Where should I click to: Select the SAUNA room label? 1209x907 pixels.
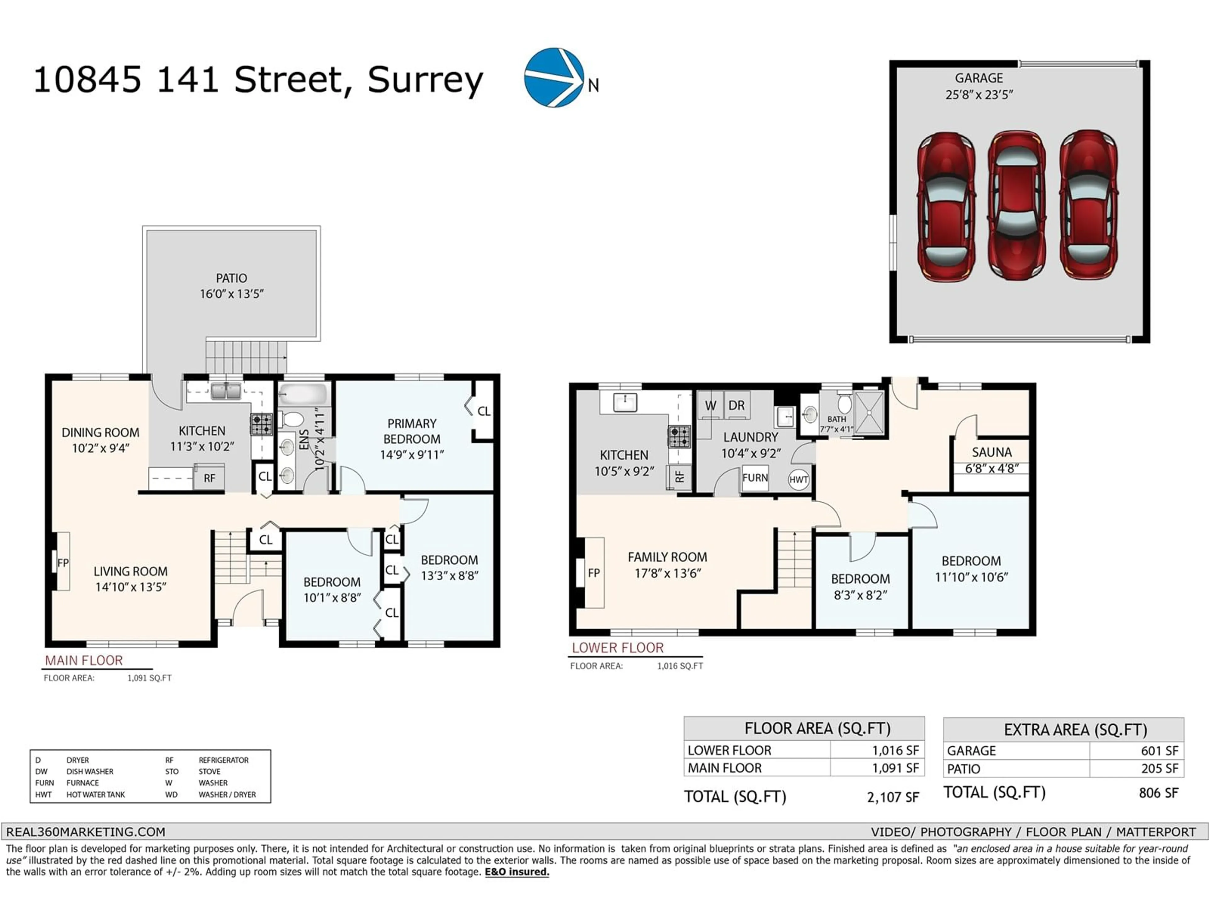[991, 452]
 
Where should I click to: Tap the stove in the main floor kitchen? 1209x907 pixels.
[261, 424]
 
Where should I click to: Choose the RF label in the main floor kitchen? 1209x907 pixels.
[209, 478]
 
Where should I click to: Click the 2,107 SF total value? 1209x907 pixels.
[893, 797]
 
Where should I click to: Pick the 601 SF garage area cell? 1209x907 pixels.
[1159, 751]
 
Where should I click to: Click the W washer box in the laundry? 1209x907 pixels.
[710, 406]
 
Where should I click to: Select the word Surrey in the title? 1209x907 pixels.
[425, 80]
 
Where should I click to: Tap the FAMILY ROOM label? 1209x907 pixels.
[667, 557]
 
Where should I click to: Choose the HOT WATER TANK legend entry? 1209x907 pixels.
[96, 794]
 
